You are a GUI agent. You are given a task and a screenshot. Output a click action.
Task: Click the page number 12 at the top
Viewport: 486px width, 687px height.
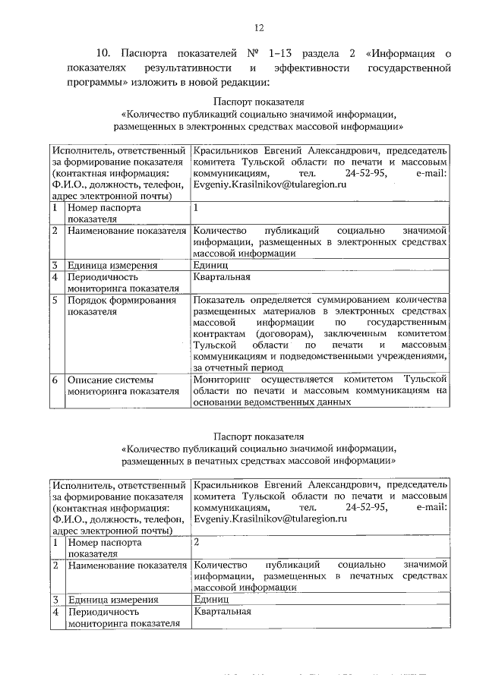click(x=259, y=28)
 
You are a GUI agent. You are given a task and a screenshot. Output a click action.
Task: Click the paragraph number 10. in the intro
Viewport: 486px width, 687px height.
click(x=106, y=53)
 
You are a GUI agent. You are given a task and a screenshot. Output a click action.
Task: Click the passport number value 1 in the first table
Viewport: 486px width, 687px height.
click(x=196, y=206)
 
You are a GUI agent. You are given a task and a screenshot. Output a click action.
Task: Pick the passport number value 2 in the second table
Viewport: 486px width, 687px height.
click(x=197, y=543)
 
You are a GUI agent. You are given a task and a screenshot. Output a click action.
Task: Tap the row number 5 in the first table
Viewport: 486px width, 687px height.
click(x=55, y=301)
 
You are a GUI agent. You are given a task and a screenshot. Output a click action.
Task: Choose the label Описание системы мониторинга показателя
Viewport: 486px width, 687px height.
click(x=115, y=385)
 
